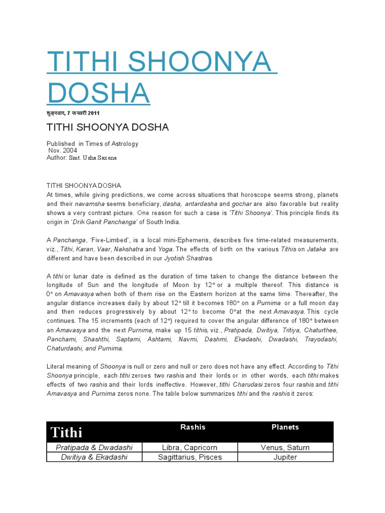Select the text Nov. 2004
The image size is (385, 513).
(63, 150)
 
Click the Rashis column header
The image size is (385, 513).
(192, 427)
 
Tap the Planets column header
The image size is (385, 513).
(285, 427)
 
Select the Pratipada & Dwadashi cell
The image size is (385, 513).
(94, 447)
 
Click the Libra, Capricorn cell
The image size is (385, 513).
(190, 447)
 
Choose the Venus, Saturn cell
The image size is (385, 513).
(285, 447)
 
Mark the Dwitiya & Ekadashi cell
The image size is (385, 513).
(94, 457)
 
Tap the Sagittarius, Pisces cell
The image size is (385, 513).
(190, 457)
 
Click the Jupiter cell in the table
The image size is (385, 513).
(285, 457)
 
